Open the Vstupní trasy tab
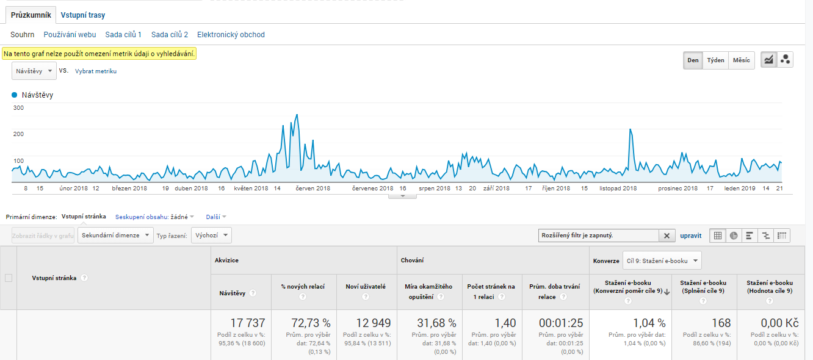click(83, 15)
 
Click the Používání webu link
click(70, 35)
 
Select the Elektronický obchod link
click(231, 35)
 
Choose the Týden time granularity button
click(715, 60)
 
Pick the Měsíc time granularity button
click(741, 60)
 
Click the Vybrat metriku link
click(96, 71)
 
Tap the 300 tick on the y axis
click(18, 108)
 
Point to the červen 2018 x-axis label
click(313, 189)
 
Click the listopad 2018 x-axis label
click(618, 189)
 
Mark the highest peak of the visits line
click(297, 115)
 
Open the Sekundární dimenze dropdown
click(115, 235)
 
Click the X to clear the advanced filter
click(667, 236)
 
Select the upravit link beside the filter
click(691, 236)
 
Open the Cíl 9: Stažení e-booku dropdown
click(662, 261)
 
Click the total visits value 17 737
click(248, 323)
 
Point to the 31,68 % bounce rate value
click(436, 323)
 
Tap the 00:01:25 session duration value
click(561, 323)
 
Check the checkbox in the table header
click(9, 278)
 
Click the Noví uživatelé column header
click(366, 286)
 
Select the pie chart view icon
click(734, 236)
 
